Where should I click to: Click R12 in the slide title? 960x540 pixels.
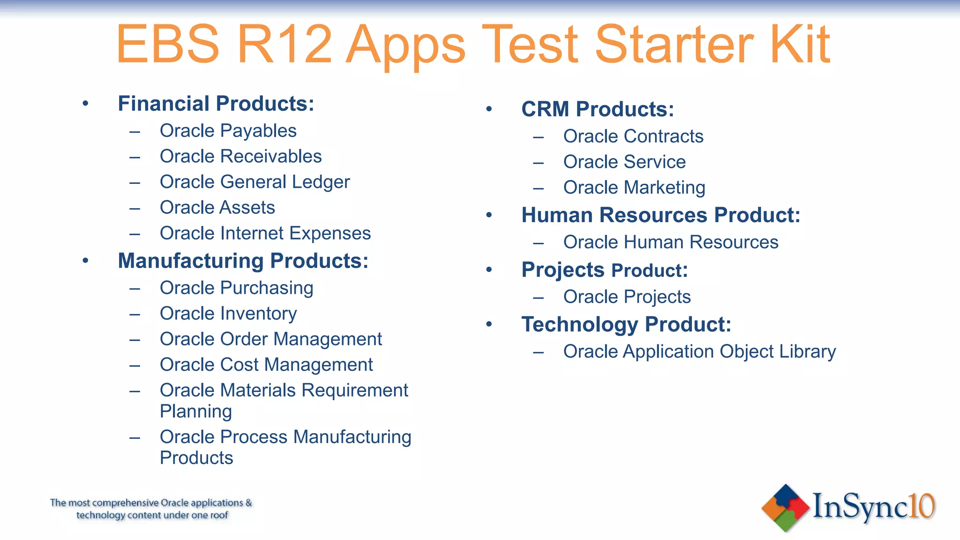click(285, 45)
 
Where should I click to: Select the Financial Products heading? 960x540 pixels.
click(216, 104)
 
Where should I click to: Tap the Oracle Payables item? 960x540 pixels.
click(228, 131)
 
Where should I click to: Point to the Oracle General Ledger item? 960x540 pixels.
click(255, 182)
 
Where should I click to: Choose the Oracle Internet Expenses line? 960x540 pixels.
click(265, 233)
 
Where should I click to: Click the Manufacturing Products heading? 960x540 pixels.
click(243, 261)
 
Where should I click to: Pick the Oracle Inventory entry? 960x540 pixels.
click(228, 314)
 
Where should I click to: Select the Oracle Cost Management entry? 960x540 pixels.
click(266, 365)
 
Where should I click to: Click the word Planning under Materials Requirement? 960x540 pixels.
click(195, 412)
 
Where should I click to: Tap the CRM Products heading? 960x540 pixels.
click(597, 109)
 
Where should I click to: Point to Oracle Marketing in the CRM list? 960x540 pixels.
click(634, 187)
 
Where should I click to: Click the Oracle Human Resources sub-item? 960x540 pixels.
click(670, 242)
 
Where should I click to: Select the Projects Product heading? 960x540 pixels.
click(604, 270)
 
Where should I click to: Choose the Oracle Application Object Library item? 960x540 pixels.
click(699, 352)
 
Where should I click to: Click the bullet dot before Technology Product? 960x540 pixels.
click(489, 324)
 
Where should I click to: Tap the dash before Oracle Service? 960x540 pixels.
click(538, 163)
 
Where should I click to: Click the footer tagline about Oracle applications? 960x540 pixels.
click(151, 509)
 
